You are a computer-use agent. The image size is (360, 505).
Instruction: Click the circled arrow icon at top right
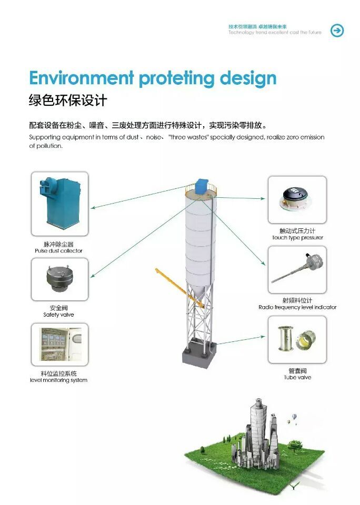[x=337, y=31]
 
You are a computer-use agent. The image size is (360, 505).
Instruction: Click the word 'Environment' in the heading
[x=82, y=78]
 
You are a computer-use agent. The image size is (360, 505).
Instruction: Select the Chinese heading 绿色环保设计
[x=68, y=100]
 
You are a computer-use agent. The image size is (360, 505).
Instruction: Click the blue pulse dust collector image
[x=61, y=203]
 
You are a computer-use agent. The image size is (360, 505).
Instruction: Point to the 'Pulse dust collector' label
[x=58, y=250]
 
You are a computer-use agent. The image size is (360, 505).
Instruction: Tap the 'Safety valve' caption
[x=58, y=315]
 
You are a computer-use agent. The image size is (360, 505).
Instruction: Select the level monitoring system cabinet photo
[x=60, y=344]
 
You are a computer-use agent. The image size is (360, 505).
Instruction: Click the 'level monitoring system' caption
[x=58, y=380]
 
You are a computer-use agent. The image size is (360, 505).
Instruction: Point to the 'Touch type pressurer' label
[x=297, y=237]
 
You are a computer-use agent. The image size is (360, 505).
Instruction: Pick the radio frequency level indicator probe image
[x=297, y=268]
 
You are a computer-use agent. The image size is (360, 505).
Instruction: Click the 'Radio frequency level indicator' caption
[x=297, y=307]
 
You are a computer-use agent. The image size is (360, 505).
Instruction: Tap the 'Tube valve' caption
[x=297, y=377]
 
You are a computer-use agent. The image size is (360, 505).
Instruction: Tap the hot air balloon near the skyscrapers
[x=294, y=417]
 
